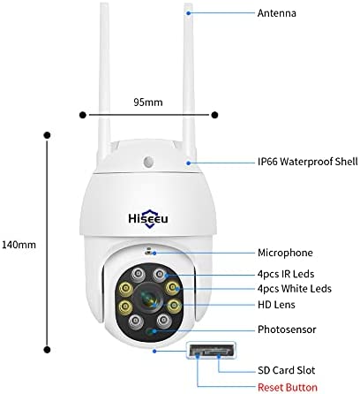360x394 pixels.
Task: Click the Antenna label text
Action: tap(276, 13)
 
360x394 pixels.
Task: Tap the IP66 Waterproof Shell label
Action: tap(308, 162)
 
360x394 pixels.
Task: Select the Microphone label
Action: tap(285, 253)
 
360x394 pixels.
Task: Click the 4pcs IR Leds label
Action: tap(286, 274)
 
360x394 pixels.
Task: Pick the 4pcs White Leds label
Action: tap(295, 289)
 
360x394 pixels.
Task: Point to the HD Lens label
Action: tap(276, 305)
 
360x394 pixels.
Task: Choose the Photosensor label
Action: tap(287, 330)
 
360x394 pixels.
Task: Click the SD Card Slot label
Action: tap(286, 370)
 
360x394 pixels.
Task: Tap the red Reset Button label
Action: tap(288, 387)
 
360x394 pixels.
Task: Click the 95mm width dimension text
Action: tap(148, 102)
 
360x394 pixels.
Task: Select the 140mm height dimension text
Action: tap(19, 245)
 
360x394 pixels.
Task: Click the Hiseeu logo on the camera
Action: tap(148, 218)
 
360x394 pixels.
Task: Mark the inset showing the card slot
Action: tap(211, 350)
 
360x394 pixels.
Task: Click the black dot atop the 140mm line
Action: tap(47, 135)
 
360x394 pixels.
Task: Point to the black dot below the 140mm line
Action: tap(47, 350)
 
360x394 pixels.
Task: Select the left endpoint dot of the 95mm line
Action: tap(83, 115)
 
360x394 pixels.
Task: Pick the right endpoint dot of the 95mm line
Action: tap(214, 115)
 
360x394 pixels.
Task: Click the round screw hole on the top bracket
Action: tap(148, 162)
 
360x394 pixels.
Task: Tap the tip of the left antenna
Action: tap(104, 4)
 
